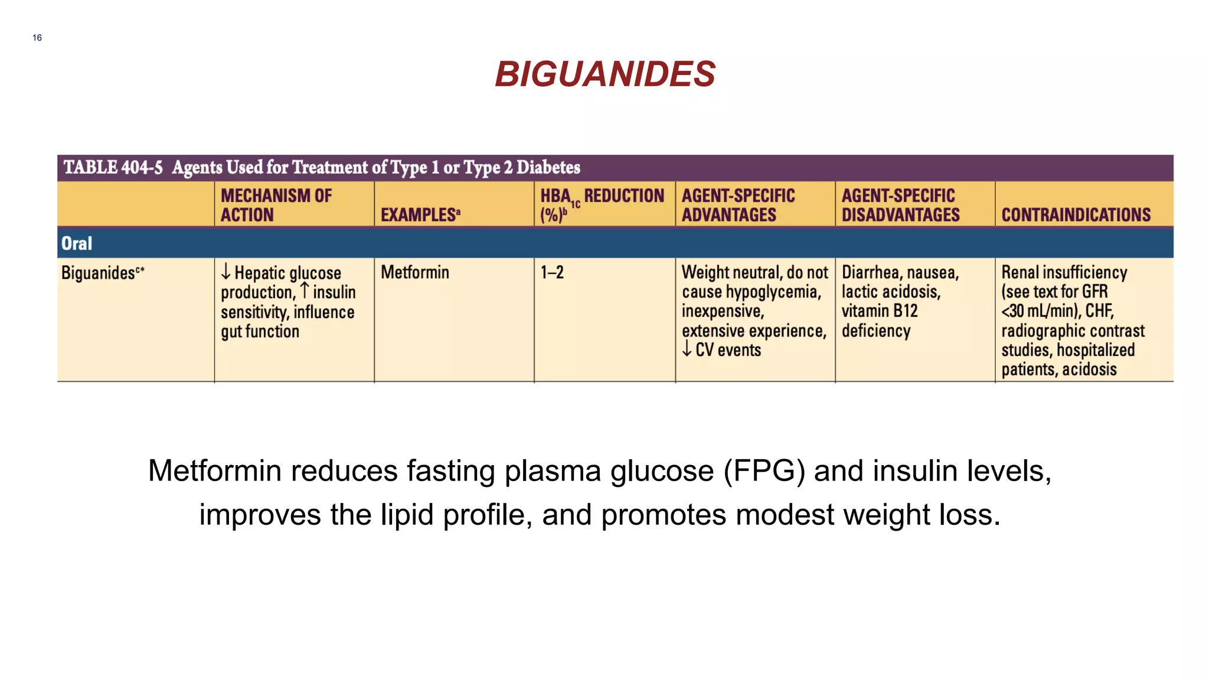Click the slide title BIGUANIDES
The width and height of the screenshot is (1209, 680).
pyautogui.click(x=604, y=74)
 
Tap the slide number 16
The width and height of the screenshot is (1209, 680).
pyautogui.click(x=37, y=38)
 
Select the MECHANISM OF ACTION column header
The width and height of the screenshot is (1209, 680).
pyautogui.click(x=276, y=205)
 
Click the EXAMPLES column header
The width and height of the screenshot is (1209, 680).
pyautogui.click(x=420, y=214)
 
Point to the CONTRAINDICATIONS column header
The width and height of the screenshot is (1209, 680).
pyautogui.click(x=1076, y=214)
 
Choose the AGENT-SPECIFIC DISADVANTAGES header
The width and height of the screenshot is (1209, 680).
pyautogui.click(x=900, y=205)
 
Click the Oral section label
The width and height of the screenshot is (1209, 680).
pyautogui.click(x=77, y=243)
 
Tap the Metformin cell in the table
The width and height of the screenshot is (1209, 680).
pyautogui.click(x=414, y=272)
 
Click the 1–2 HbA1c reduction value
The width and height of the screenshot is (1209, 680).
pyautogui.click(x=552, y=272)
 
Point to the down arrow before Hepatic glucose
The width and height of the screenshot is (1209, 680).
pyautogui.click(x=226, y=272)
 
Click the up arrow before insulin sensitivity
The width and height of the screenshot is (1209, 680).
pyautogui.click(x=305, y=290)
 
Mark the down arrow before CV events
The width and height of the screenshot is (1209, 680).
pyautogui.click(x=687, y=349)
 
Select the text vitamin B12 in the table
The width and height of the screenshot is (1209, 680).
pyautogui.click(x=880, y=311)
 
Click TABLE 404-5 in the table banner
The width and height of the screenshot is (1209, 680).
pyautogui.click(x=113, y=168)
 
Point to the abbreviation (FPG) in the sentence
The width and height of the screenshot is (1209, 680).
pyautogui.click(x=764, y=471)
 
